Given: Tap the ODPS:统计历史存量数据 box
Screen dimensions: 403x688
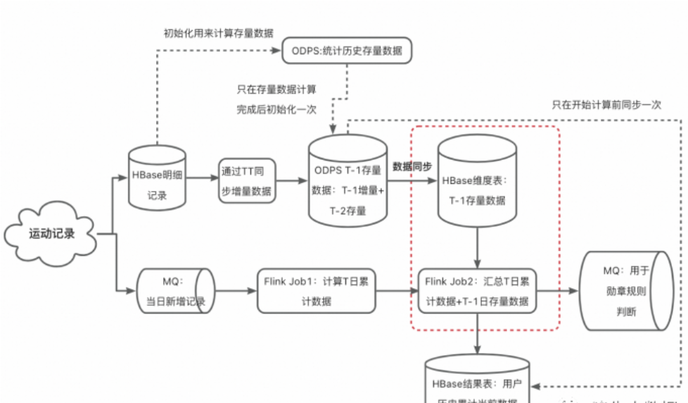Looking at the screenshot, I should pos(346,51).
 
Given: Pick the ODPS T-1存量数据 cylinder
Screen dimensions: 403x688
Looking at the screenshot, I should pos(348,180).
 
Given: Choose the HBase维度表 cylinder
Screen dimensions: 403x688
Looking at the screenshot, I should pos(478,180).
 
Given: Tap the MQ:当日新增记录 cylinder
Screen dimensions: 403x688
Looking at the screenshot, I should pos(172,290).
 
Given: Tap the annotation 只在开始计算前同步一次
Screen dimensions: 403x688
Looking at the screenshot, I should pos(606,105).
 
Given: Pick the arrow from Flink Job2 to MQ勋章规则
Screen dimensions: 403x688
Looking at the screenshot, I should pos(560,290).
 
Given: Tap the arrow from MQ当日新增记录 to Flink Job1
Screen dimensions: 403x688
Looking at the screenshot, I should pos(232,290).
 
